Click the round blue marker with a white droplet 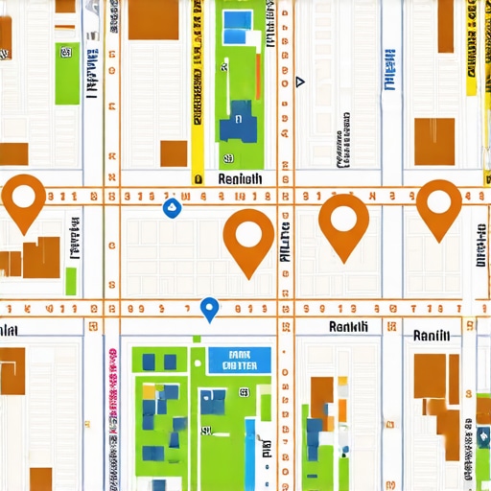coord(173,207)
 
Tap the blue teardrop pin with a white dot coord(210,308)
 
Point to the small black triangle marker coord(300,82)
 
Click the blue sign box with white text coord(239,360)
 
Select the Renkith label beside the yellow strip coord(240,178)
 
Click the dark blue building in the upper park coord(236,123)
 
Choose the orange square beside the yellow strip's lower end coord(174,153)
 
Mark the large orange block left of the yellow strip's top coord(153,19)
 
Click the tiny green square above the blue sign coord(198,339)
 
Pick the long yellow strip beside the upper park coord(198,91)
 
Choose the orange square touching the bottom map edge coord(40,479)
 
